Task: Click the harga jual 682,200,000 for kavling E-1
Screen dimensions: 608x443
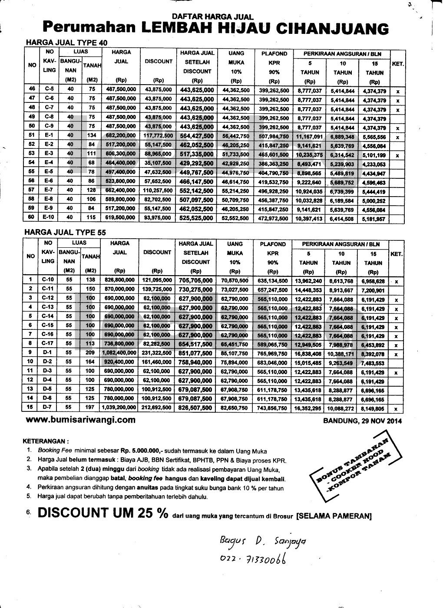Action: [x=120, y=137]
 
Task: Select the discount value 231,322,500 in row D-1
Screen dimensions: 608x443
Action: [x=156, y=354]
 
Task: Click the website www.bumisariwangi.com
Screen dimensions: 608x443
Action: [x=80, y=420]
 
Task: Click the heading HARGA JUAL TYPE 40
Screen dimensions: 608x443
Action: [x=66, y=43]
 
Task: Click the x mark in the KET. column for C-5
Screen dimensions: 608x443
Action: [x=397, y=92]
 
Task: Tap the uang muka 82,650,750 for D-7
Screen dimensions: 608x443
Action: [x=235, y=408]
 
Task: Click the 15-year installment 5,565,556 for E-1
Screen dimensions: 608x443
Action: [x=374, y=137]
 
